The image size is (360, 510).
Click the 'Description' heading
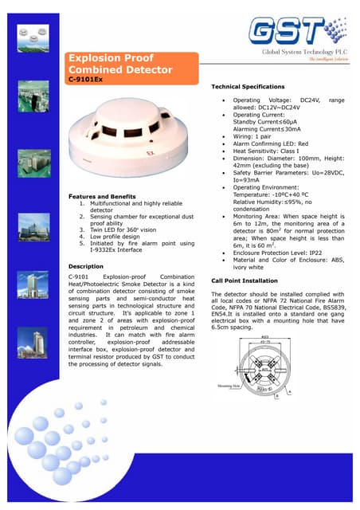point(81,266)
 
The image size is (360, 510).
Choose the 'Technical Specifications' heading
point(247,86)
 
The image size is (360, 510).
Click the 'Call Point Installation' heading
point(245,280)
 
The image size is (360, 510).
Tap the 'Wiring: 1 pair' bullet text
point(250,136)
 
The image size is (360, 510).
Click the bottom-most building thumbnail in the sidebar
point(31,363)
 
